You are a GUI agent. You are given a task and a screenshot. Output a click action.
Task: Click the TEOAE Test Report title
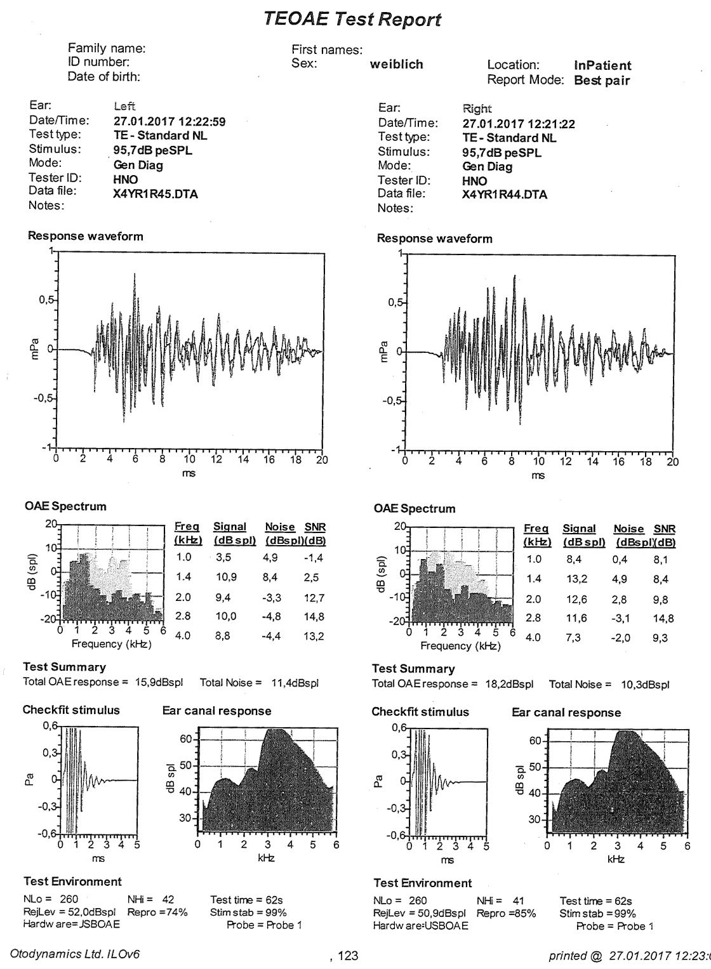click(x=352, y=19)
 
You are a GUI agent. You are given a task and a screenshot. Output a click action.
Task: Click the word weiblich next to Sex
click(x=396, y=64)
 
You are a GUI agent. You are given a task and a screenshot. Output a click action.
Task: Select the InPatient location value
click(x=602, y=65)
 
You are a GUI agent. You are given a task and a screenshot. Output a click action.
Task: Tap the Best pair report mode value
click(x=602, y=81)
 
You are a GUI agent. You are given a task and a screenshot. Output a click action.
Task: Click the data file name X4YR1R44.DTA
click(x=504, y=195)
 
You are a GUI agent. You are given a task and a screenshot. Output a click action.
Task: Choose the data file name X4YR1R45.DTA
click(x=156, y=194)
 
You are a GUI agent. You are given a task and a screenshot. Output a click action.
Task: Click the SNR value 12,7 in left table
click(x=314, y=598)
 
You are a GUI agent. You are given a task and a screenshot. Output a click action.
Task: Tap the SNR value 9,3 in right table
click(x=660, y=638)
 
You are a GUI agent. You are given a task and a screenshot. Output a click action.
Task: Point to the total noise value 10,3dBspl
click(x=645, y=685)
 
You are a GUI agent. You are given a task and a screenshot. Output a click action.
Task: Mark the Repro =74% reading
click(x=157, y=912)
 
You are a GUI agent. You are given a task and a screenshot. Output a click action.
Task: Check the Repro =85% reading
click(x=506, y=914)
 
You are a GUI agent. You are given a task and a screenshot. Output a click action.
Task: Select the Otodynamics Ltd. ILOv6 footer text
click(x=75, y=954)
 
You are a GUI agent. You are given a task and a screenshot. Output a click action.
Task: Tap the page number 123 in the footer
click(x=347, y=956)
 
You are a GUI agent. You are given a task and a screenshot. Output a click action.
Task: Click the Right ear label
click(x=477, y=109)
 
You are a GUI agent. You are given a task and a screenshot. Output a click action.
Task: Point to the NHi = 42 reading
click(x=150, y=899)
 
